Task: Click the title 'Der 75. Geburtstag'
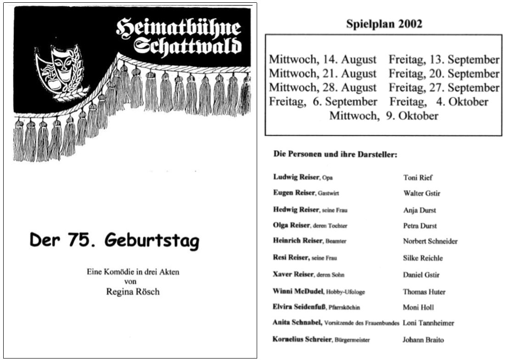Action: pyautogui.click(x=115, y=240)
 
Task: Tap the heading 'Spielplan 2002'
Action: pyautogui.click(x=384, y=25)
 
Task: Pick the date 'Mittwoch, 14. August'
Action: pyautogui.click(x=322, y=60)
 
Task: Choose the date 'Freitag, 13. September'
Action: pyautogui.click(x=444, y=60)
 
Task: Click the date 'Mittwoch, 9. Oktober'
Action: pyautogui.click(x=384, y=116)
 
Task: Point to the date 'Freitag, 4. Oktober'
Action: pyautogui.click(x=439, y=102)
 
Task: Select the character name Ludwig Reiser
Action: pyautogui.click(x=296, y=177)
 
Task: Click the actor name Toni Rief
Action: pyautogui.click(x=418, y=178)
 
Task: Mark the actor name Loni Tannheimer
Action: pyautogui.click(x=428, y=323)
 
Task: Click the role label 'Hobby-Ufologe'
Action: pyautogui.click(x=345, y=292)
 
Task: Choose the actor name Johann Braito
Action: pyautogui.click(x=423, y=340)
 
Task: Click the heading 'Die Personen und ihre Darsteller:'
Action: pyautogui.click(x=335, y=154)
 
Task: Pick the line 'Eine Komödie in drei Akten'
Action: pyautogui.click(x=133, y=272)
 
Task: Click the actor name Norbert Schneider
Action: pyautogui.click(x=430, y=241)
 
